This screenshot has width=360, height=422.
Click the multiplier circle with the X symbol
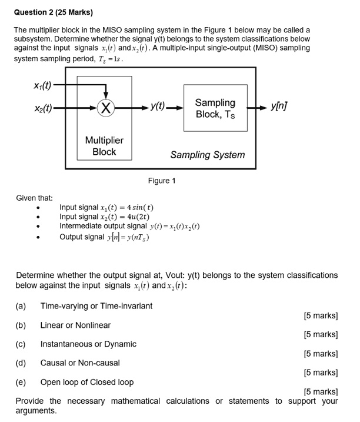(x=105, y=107)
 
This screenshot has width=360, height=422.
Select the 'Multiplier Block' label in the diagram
(x=105, y=146)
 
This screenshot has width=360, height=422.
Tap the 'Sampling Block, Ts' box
(x=215, y=108)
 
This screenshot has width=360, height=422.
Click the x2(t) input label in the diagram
(x=38, y=107)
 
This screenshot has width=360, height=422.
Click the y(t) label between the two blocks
(x=158, y=107)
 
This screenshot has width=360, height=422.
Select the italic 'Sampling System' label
(x=207, y=155)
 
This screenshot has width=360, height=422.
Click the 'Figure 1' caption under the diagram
(x=162, y=181)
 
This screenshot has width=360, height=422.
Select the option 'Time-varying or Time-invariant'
(x=96, y=305)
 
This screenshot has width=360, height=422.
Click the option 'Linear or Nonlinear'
(x=75, y=325)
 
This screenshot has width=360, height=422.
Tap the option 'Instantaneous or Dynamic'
(x=88, y=344)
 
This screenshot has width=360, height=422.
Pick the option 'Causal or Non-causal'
(x=80, y=363)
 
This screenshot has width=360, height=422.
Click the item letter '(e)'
(x=21, y=382)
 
